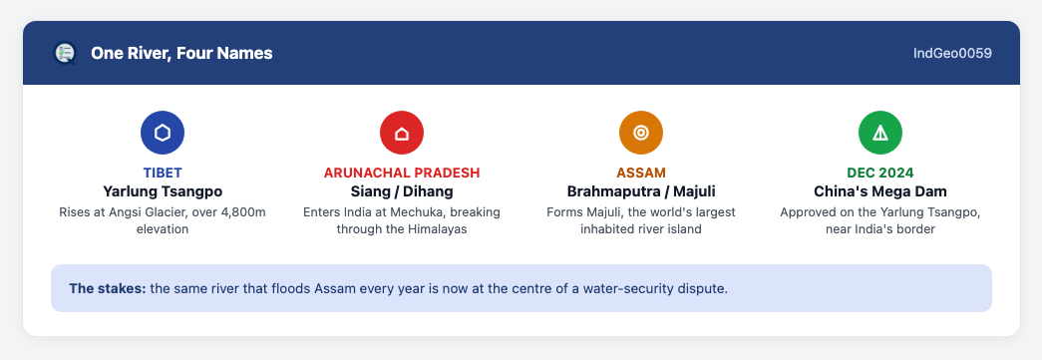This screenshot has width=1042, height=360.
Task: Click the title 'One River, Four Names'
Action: (181, 53)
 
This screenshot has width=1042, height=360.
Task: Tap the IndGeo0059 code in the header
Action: (952, 53)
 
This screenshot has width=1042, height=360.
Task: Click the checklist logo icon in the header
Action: (65, 53)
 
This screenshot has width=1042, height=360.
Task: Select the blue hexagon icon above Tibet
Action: (163, 133)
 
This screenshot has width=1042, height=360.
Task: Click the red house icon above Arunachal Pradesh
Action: (402, 133)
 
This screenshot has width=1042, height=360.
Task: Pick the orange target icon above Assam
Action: (640, 133)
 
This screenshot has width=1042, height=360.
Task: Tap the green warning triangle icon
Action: (879, 133)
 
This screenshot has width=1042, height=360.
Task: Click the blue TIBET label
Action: (163, 174)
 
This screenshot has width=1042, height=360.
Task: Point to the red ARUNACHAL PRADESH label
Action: (402, 174)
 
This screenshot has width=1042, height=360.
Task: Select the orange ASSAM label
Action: (640, 174)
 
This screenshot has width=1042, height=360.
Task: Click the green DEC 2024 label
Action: (879, 174)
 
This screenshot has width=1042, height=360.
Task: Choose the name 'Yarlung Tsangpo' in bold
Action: (163, 191)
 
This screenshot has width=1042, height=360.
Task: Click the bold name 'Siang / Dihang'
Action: (402, 191)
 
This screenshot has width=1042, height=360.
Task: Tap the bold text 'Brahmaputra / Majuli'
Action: (640, 191)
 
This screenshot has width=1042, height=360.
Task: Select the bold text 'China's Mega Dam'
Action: (879, 191)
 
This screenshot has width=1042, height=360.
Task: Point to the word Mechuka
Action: (426, 212)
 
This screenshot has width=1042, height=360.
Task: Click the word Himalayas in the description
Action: (440, 229)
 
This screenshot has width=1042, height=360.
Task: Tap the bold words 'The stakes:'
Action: (108, 289)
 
